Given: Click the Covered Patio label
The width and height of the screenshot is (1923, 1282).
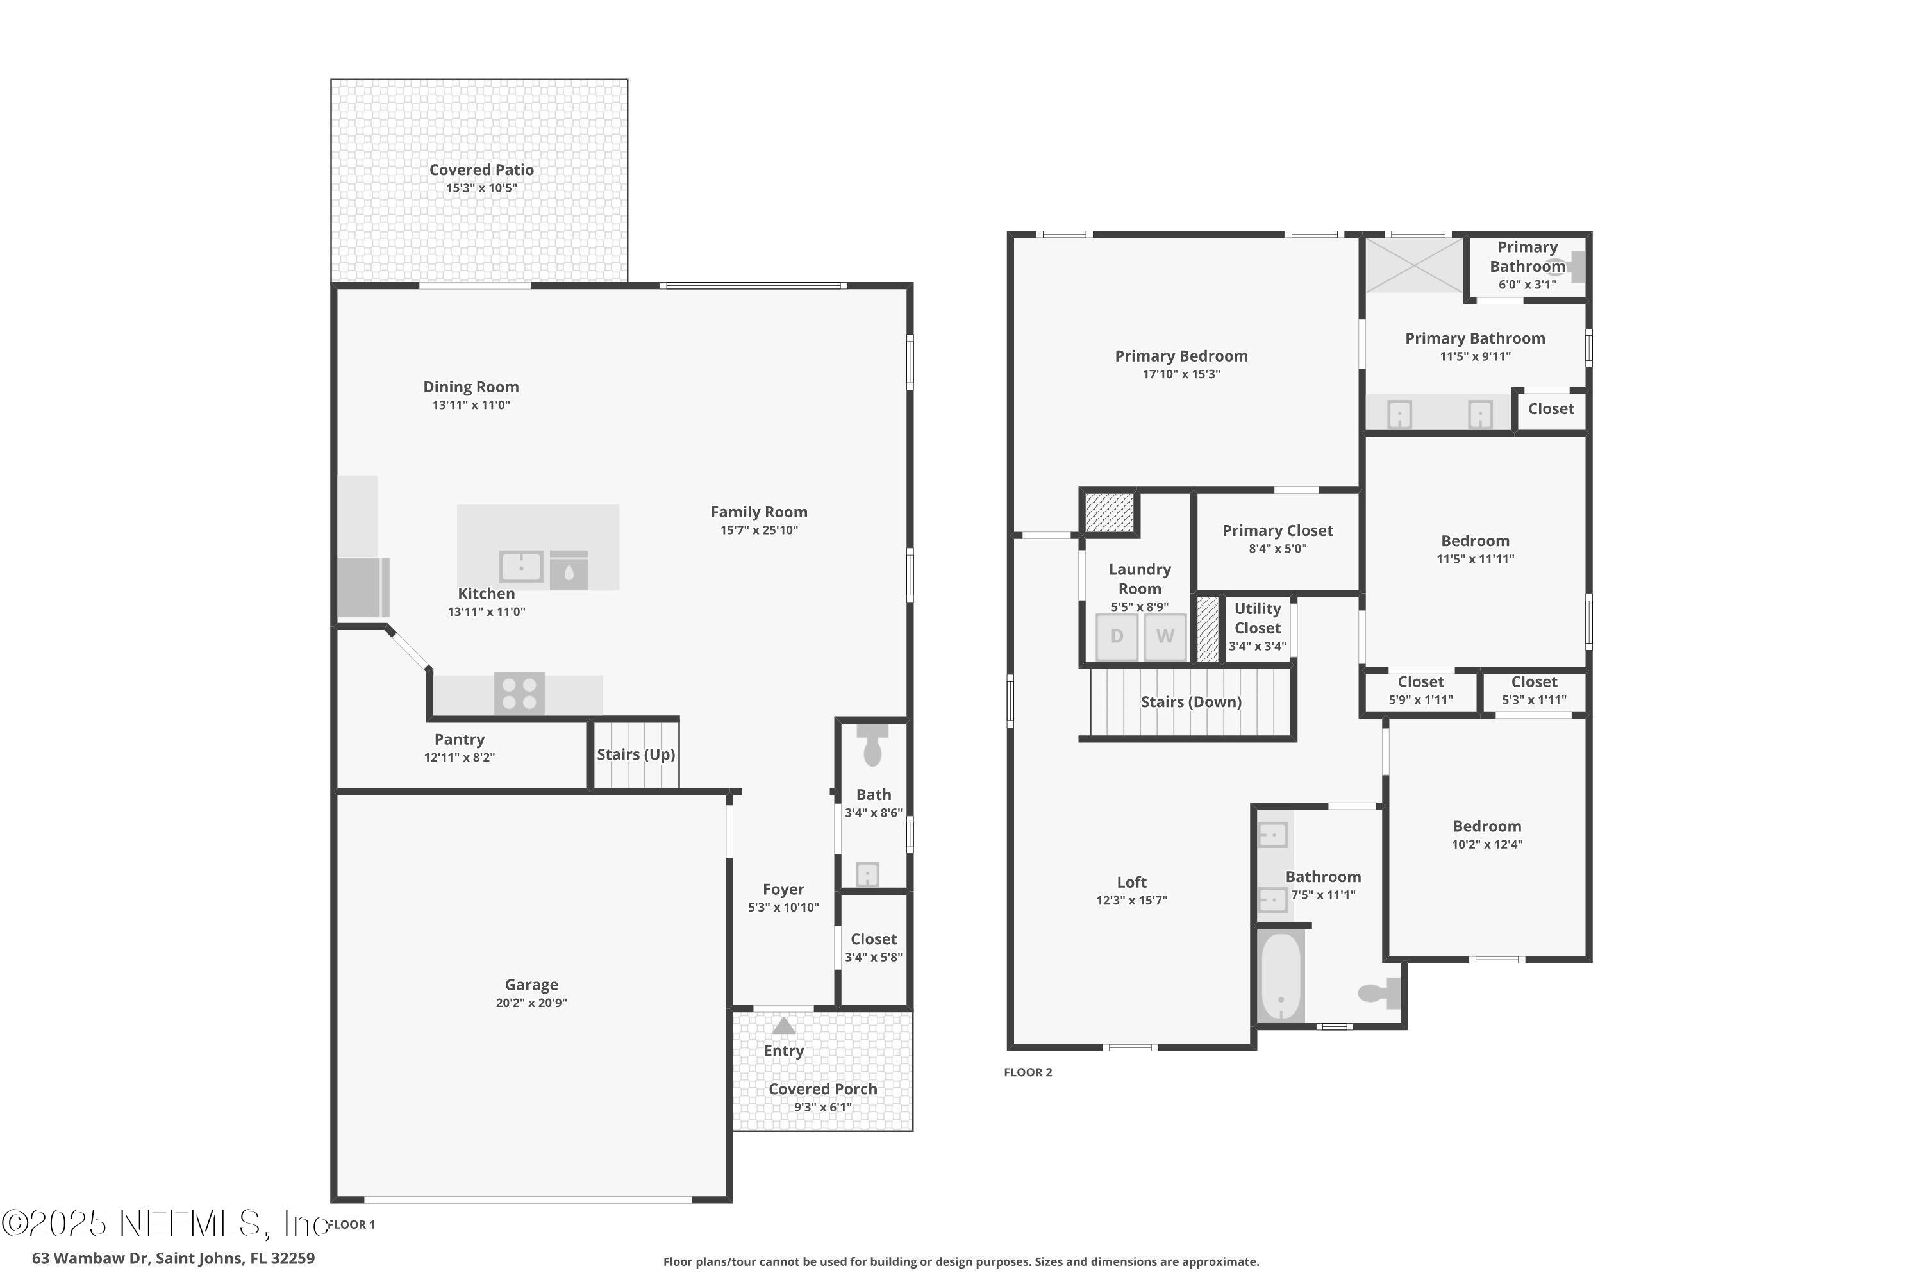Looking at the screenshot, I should click(x=481, y=170).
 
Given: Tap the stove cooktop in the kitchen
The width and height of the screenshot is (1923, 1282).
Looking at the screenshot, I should click(x=519, y=694).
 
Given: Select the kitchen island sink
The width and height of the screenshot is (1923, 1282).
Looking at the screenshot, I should click(x=520, y=567).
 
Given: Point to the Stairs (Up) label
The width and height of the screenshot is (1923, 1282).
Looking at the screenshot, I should click(x=635, y=754).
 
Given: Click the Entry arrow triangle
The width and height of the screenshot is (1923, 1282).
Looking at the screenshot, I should click(x=783, y=1025).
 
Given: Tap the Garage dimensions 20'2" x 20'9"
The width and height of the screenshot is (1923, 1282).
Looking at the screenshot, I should click(x=531, y=1003).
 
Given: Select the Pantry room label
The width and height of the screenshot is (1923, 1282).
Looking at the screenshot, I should click(x=459, y=739).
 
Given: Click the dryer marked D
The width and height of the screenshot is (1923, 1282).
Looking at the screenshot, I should click(x=1116, y=636).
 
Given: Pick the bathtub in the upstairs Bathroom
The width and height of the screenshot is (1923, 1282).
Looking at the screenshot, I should click(x=1280, y=976).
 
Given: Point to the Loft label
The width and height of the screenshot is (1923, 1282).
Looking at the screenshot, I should click(x=1131, y=882).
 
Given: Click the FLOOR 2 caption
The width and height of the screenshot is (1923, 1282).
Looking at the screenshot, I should click(x=1028, y=1072).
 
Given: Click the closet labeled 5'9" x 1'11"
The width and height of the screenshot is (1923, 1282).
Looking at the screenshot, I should click(x=1420, y=691).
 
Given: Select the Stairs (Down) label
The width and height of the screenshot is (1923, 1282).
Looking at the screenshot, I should click(x=1190, y=701).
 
